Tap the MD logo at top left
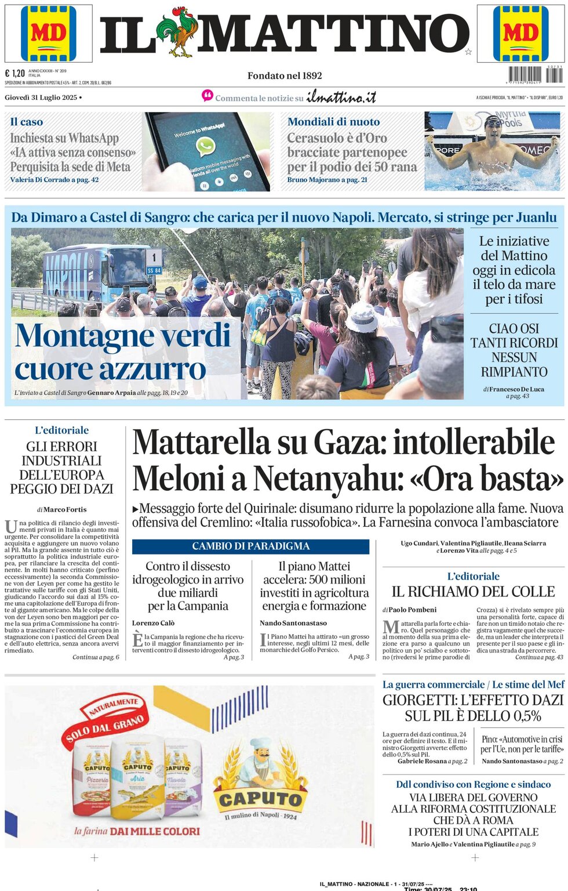(49, 33)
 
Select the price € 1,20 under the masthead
(15, 73)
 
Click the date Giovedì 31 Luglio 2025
(41, 97)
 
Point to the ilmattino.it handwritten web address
(341, 97)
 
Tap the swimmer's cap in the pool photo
(493, 121)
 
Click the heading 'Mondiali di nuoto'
(333, 122)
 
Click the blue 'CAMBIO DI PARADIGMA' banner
(250, 546)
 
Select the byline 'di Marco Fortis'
(62, 509)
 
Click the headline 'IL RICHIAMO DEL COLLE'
(473, 592)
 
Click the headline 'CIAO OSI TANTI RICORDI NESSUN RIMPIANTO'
(514, 350)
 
